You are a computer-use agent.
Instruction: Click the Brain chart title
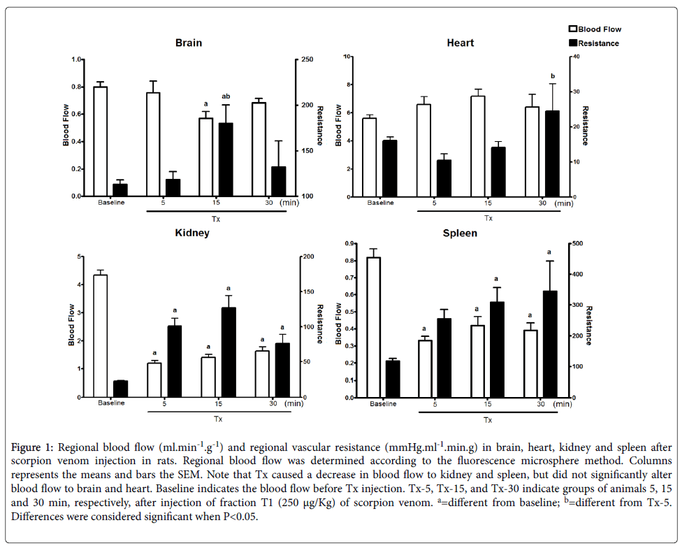[188, 43]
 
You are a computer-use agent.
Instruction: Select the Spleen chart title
[461, 233]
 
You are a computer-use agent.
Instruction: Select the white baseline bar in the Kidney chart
[100, 336]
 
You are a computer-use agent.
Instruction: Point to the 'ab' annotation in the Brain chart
[226, 96]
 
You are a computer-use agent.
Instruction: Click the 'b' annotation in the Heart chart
[552, 75]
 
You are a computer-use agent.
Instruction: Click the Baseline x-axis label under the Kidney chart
[111, 403]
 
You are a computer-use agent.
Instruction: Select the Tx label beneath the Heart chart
[488, 218]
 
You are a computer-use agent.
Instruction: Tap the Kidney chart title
[191, 233]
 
